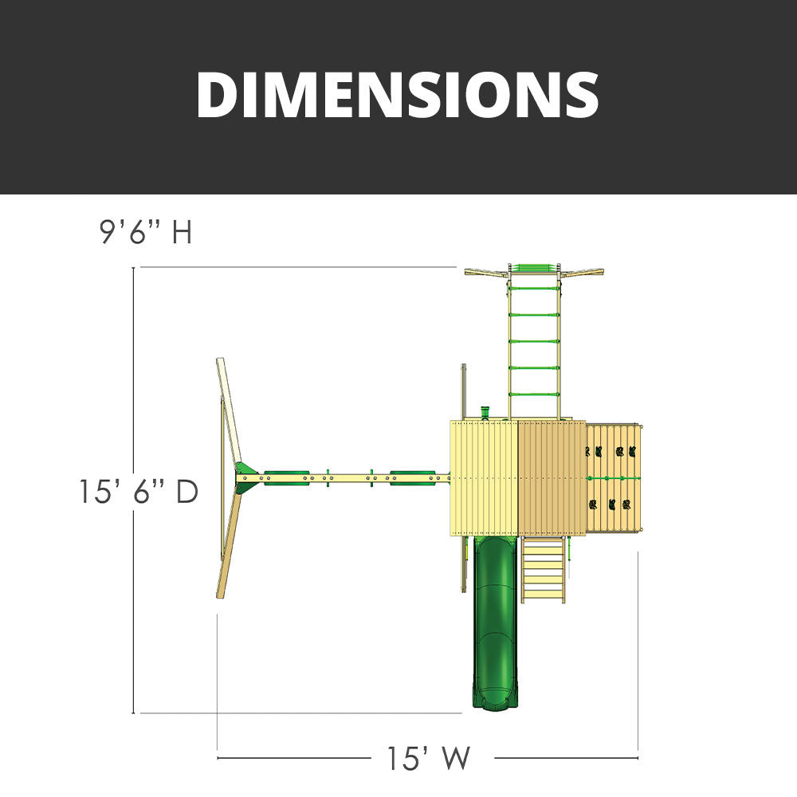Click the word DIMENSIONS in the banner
(398, 95)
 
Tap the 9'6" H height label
(146, 232)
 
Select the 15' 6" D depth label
(138, 492)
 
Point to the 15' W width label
(429, 759)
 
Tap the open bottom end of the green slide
(495, 704)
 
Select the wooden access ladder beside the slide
(543, 570)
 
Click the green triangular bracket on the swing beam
(247, 477)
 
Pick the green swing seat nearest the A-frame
(287, 477)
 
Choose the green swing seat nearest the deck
(413, 477)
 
